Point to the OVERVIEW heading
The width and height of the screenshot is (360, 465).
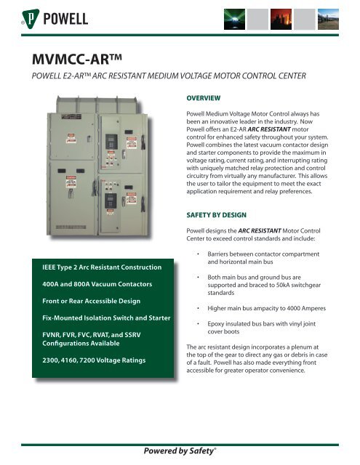(x=199, y=94)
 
